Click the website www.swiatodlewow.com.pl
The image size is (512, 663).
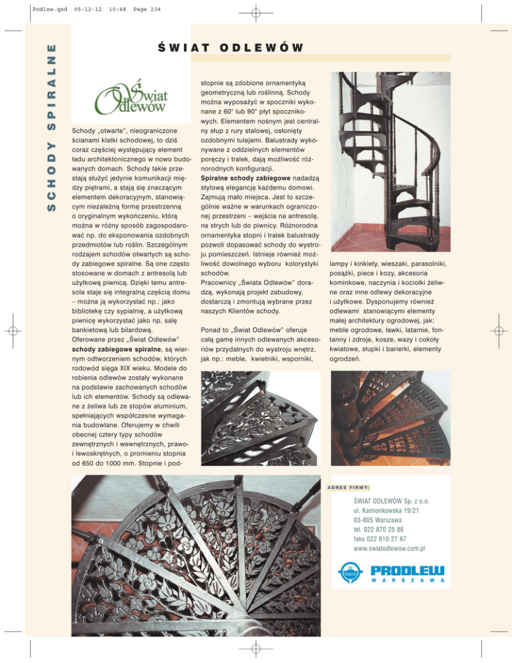pyautogui.click(x=390, y=548)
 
